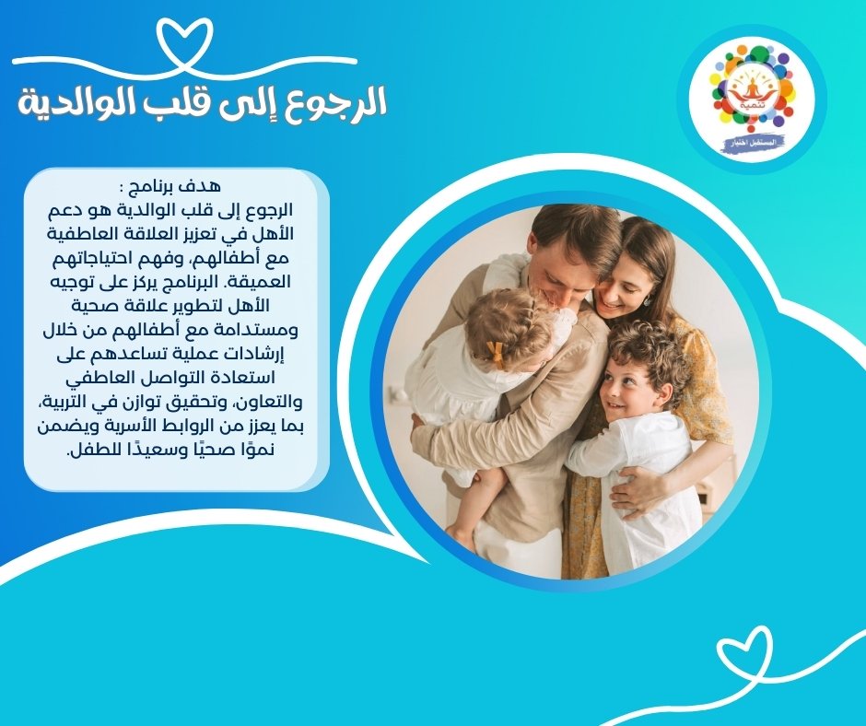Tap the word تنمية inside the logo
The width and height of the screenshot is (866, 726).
point(752,103)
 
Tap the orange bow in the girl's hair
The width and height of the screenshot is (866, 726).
point(496,354)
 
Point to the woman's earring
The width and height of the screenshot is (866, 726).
point(647,301)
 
